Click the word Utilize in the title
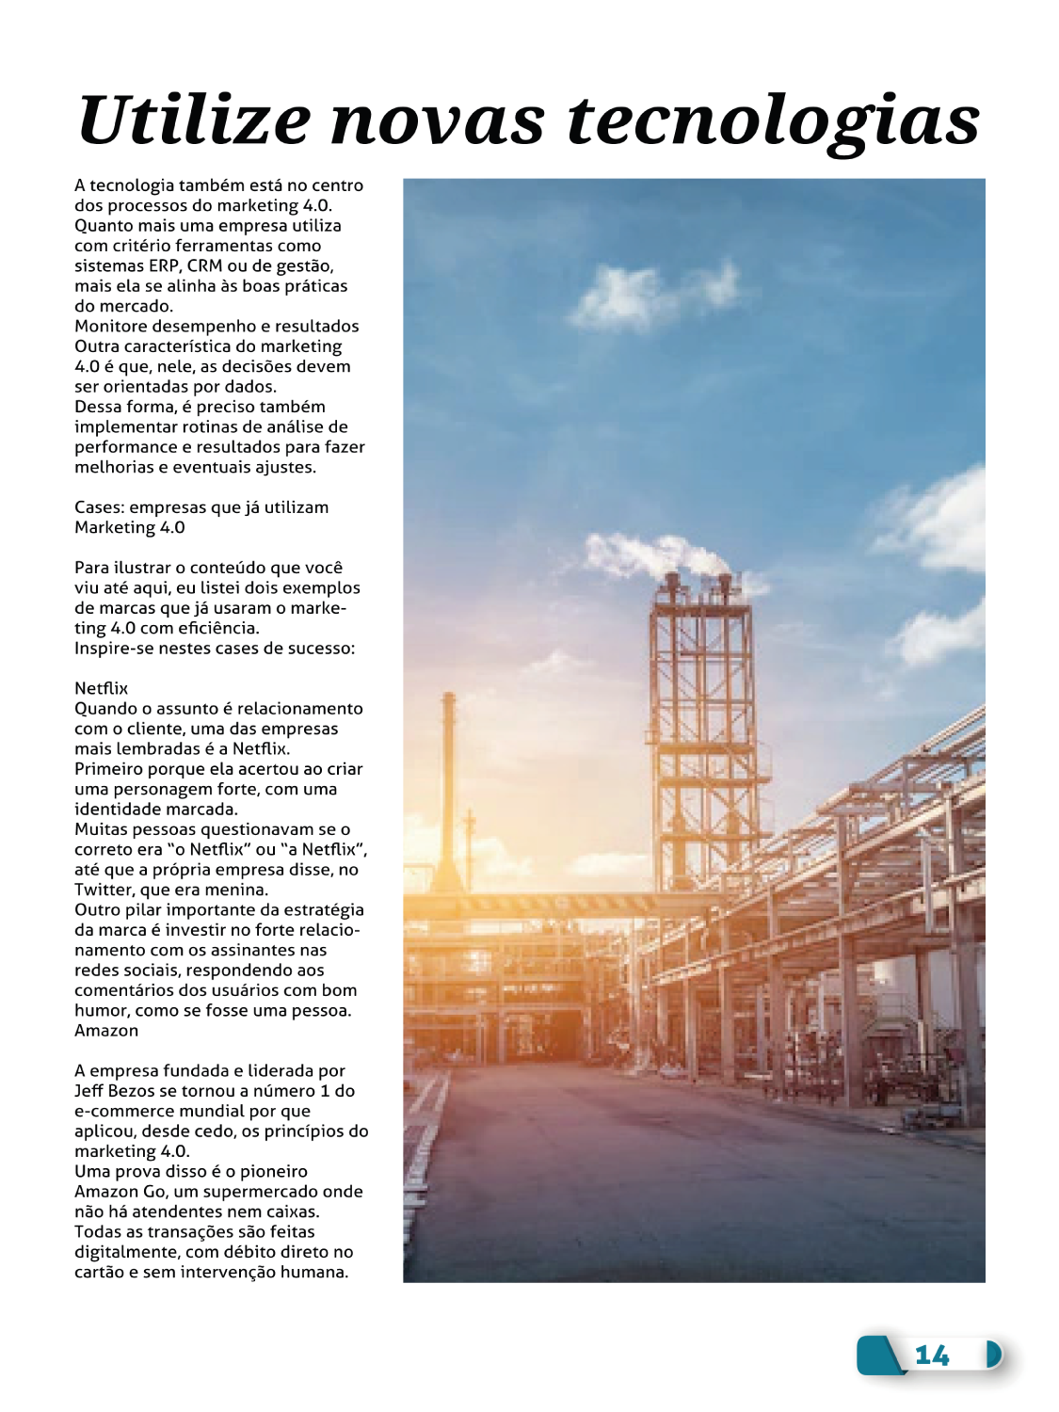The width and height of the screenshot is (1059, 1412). (x=194, y=120)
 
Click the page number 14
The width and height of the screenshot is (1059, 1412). (x=932, y=1356)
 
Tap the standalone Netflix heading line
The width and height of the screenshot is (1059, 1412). (x=101, y=688)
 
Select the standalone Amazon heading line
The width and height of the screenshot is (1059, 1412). (x=106, y=1031)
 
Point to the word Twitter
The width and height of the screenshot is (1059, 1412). (x=104, y=890)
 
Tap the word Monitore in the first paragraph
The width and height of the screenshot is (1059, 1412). (x=109, y=327)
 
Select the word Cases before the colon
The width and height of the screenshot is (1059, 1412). (x=98, y=507)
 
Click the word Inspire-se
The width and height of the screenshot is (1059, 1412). (x=118, y=649)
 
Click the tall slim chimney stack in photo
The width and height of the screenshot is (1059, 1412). (x=449, y=791)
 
